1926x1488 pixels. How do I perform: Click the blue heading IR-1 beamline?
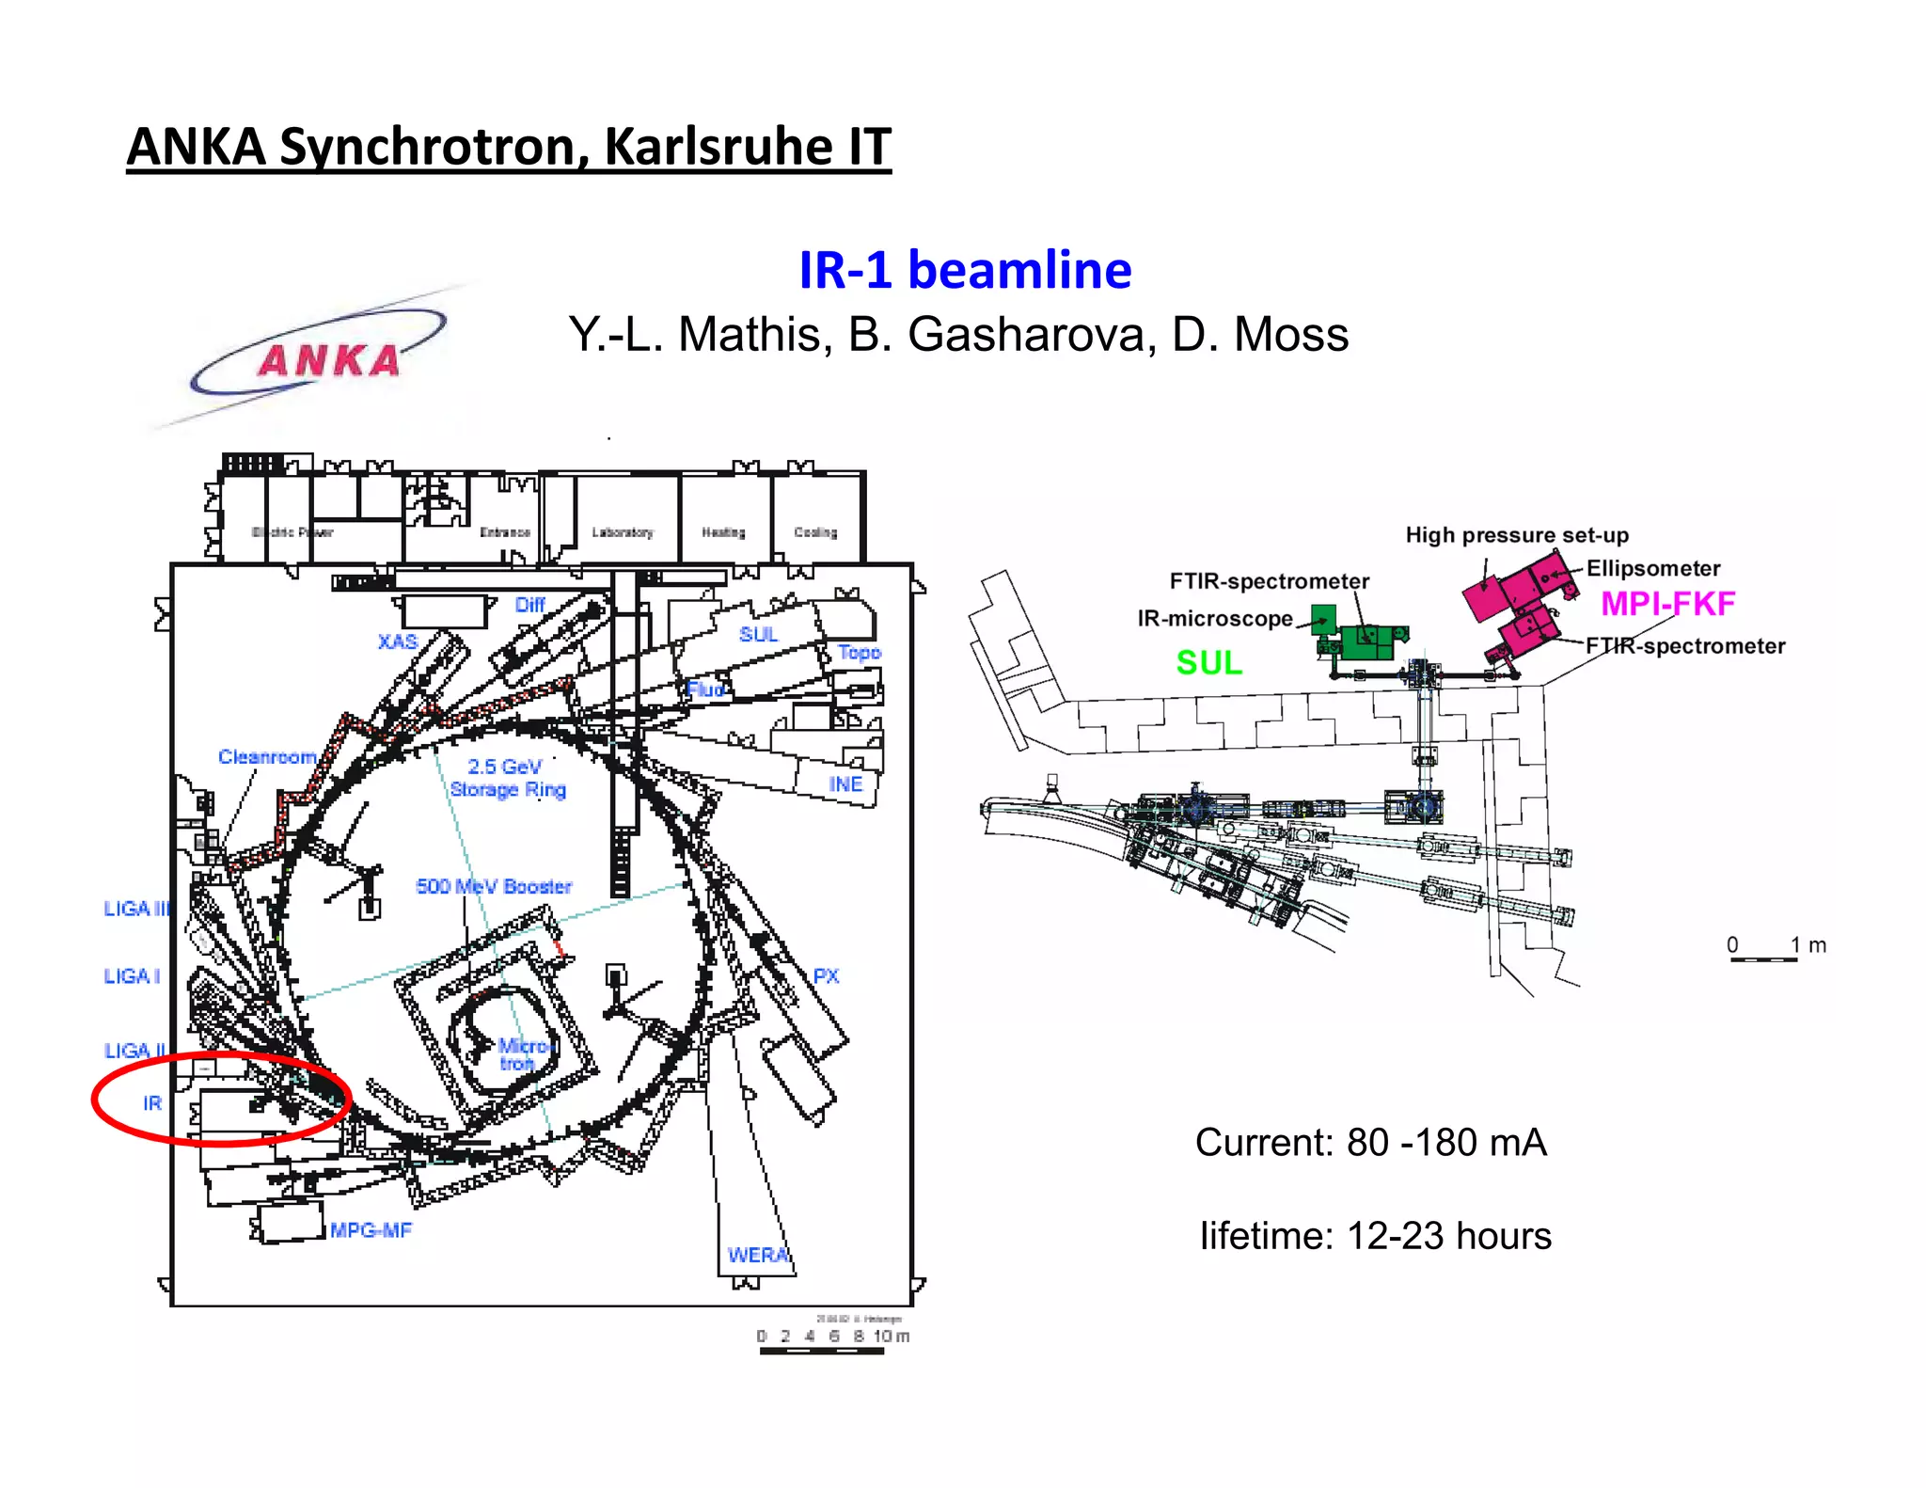click(965, 270)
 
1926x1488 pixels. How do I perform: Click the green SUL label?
click(1208, 662)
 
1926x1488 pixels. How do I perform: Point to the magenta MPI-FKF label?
click(1667, 604)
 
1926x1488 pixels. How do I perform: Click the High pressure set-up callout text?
click(1516, 535)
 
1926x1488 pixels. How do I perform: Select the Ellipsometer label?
click(1652, 568)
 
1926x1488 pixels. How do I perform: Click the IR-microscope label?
click(1214, 619)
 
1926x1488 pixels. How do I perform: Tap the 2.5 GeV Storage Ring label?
click(507, 778)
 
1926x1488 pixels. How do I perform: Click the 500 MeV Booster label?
click(494, 886)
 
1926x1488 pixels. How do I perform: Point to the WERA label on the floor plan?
click(757, 1255)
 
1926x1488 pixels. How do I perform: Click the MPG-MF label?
click(371, 1230)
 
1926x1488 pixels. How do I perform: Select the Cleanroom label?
click(267, 756)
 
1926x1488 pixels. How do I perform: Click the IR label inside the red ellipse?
click(152, 1102)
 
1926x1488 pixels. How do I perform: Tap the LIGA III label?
click(136, 909)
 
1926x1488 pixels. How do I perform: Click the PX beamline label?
click(826, 975)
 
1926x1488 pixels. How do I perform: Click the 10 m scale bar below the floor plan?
click(821, 1351)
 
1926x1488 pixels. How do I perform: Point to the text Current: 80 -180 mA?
click(1370, 1143)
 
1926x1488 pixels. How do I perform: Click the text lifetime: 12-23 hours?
click(1375, 1236)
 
